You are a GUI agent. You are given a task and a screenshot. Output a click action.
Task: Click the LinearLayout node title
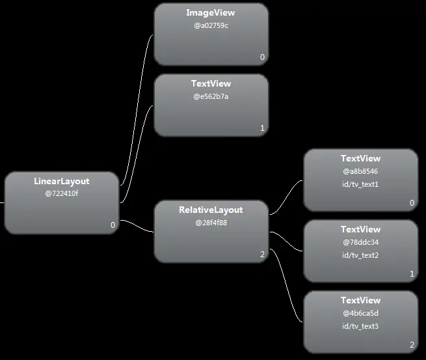pyautogui.click(x=61, y=181)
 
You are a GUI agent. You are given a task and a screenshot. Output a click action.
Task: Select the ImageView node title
pyautogui.click(x=211, y=13)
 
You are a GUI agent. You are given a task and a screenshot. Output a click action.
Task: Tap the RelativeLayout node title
pyautogui.click(x=211, y=210)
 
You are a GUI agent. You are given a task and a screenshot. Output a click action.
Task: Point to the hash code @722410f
pyautogui.click(x=61, y=193)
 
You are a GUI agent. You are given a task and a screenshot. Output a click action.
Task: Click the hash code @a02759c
pyautogui.click(x=211, y=25)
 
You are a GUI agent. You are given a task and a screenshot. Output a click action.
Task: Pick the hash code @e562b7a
pyautogui.click(x=211, y=96)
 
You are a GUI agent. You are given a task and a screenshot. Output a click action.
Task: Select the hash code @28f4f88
pyautogui.click(x=211, y=223)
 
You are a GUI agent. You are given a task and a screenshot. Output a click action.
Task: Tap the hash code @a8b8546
pyautogui.click(x=360, y=171)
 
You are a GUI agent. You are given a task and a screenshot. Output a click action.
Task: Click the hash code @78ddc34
pyautogui.click(x=360, y=242)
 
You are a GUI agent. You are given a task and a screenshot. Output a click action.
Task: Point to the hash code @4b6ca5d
pyautogui.click(x=360, y=313)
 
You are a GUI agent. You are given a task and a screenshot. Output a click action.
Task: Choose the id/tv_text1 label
pyautogui.click(x=360, y=184)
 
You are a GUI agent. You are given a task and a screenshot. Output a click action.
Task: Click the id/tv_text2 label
pyautogui.click(x=360, y=255)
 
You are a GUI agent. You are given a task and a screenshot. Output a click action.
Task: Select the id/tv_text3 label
pyautogui.click(x=360, y=326)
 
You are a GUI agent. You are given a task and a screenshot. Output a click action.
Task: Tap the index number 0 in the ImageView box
pyautogui.click(x=262, y=57)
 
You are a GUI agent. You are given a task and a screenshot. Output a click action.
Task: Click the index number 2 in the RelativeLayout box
pyautogui.click(x=262, y=255)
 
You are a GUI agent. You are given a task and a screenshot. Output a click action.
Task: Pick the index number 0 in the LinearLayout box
pyautogui.click(x=113, y=225)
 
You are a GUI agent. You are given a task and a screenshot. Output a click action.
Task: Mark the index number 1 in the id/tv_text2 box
pyautogui.click(x=412, y=274)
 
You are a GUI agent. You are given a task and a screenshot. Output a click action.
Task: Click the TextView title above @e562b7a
pyautogui.click(x=211, y=84)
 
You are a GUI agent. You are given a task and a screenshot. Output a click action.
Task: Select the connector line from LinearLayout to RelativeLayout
pyautogui.click(x=137, y=225)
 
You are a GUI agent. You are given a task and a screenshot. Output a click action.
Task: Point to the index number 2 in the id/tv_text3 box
pyautogui.click(x=412, y=345)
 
